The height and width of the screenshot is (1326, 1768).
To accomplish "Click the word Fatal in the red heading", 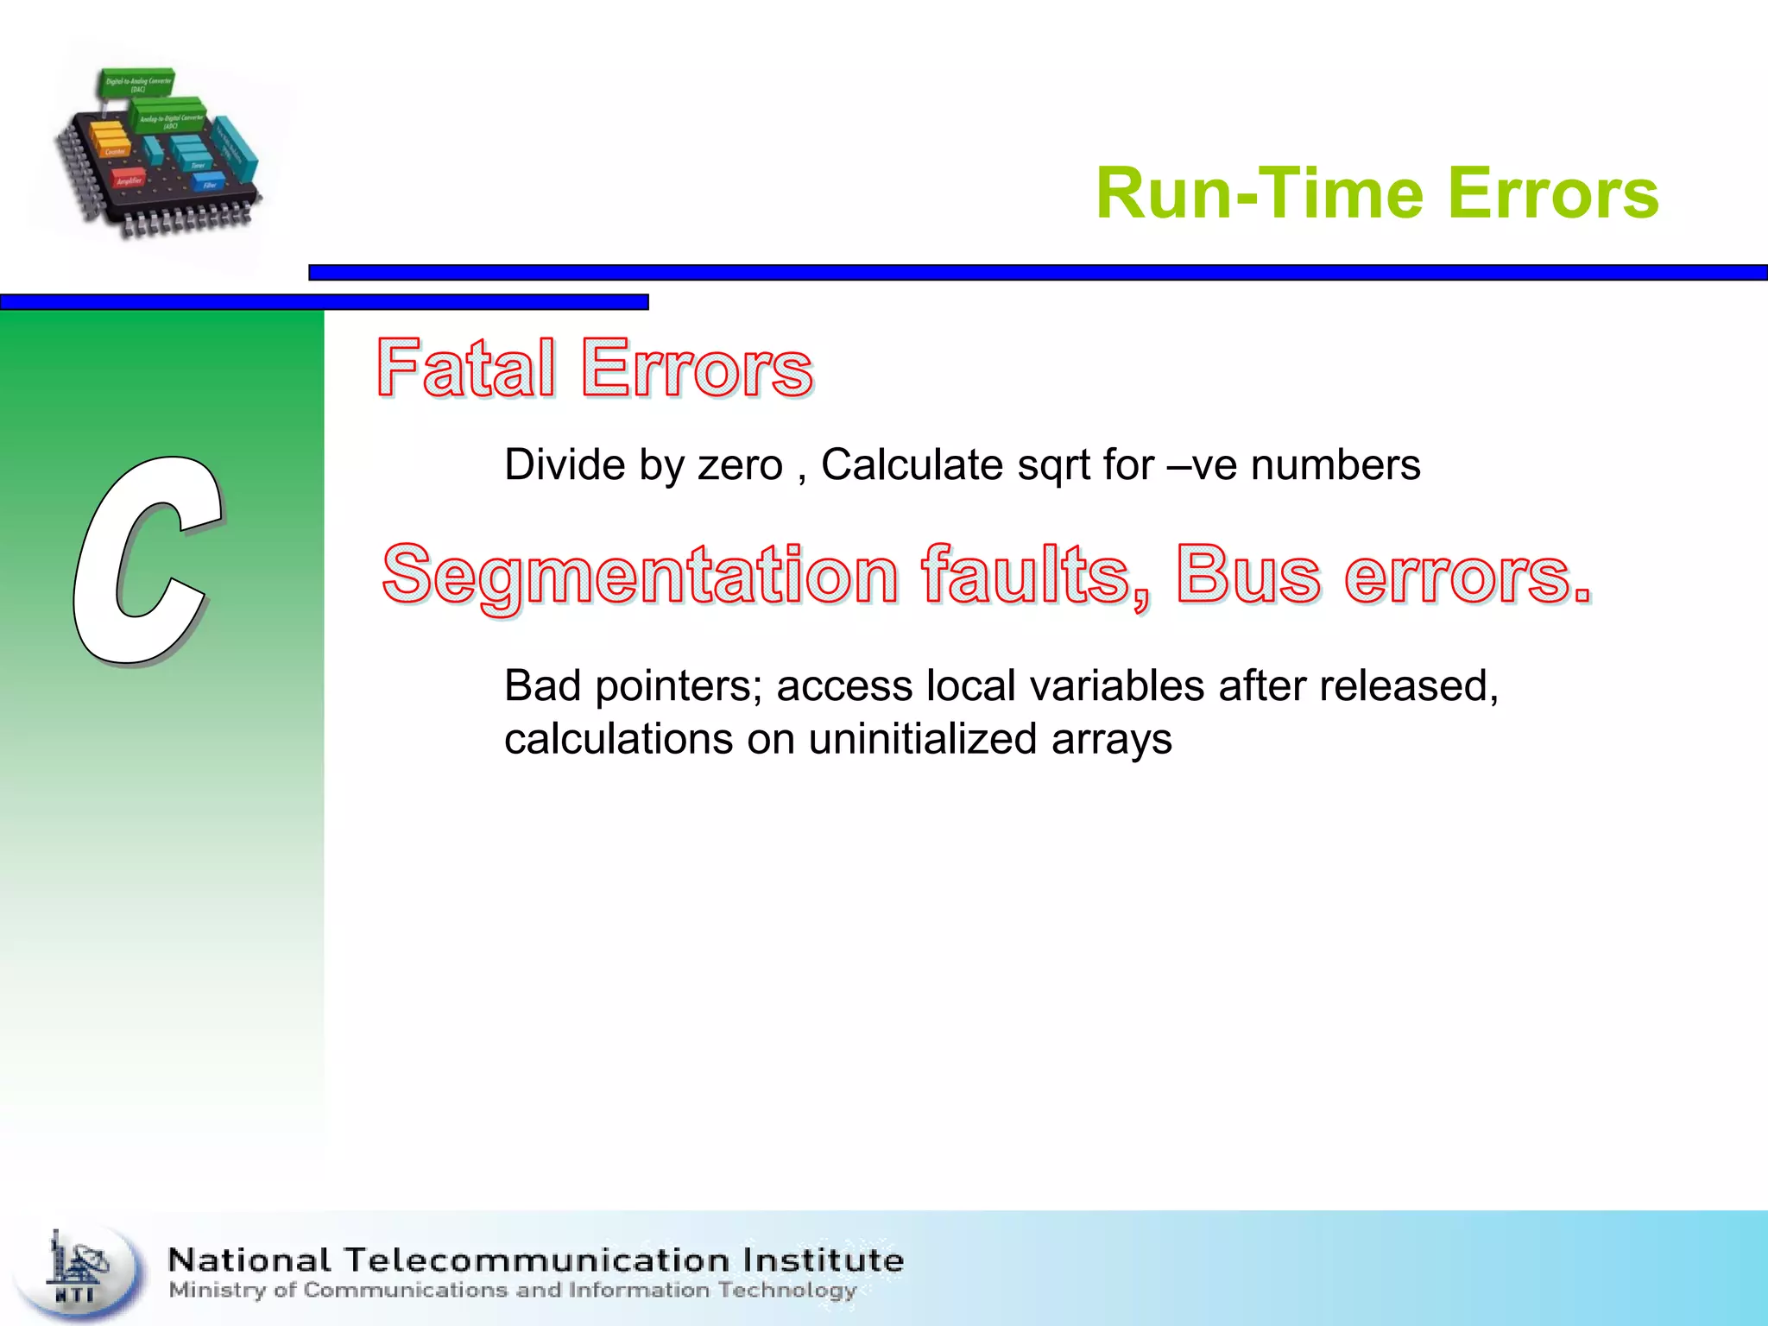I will pyautogui.click(x=465, y=369).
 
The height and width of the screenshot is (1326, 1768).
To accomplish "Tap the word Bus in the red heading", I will pyautogui.click(x=1247, y=575).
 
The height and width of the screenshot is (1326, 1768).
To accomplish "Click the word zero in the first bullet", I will pyautogui.click(x=740, y=465).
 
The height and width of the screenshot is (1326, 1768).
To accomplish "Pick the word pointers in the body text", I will pyautogui.click(x=672, y=687).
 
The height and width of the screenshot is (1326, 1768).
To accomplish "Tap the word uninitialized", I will pyautogui.click(x=922, y=740).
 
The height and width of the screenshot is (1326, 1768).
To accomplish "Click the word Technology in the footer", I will pyautogui.click(x=786, y=1291).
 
